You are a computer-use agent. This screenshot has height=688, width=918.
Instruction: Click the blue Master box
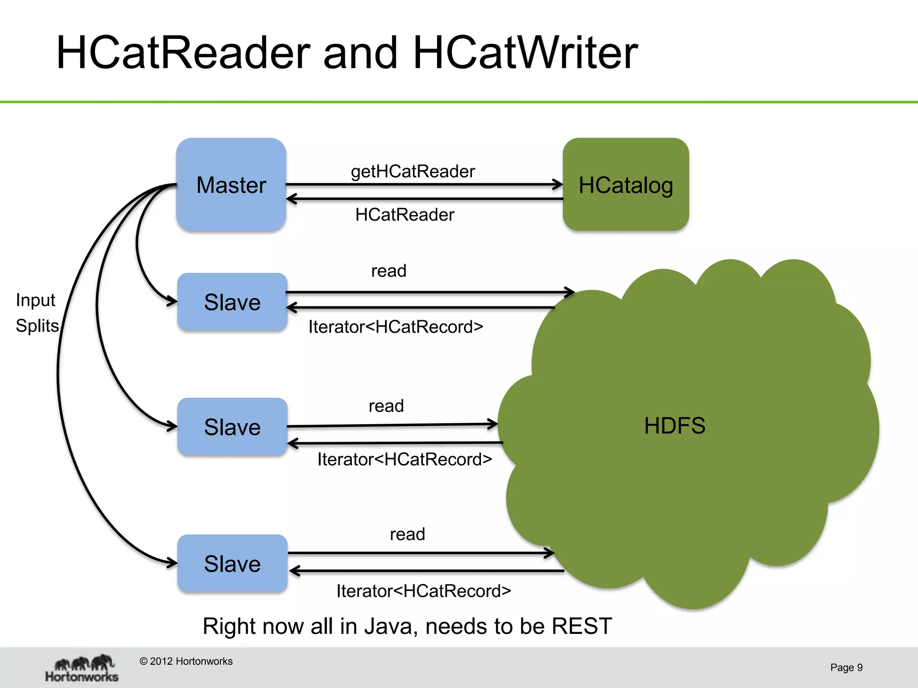[x=231, y=185]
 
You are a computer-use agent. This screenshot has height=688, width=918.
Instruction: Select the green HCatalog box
[x=626, y=185]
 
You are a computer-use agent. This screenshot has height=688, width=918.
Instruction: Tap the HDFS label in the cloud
[x=675, y=426]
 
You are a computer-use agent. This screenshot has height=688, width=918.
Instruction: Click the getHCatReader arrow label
[x=413, y=171]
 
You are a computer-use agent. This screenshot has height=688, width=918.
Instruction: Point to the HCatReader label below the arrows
[x=404, y=215]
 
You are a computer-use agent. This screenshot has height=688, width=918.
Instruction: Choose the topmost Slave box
[x=232, y=302]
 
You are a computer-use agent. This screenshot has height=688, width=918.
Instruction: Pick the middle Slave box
[x=232, y=427]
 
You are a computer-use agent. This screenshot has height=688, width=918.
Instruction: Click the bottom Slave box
[x=232, y=563]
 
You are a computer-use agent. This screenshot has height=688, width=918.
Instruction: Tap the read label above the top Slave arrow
[x=389, y=271]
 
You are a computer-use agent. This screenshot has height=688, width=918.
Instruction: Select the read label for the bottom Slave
[x=407, y=534]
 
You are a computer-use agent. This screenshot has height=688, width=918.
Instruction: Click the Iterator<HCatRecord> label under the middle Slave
[x=404, y=459]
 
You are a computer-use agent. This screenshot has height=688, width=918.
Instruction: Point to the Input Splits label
[x=37, y=313]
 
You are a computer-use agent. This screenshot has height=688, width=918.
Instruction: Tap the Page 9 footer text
[x=846, y=667]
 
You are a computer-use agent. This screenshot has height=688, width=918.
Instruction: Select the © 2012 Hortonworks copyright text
[x=186, y=661]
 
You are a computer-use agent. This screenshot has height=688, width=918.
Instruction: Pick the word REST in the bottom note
[x=581, y=626]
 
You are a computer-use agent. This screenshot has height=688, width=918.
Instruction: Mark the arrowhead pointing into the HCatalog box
[x=559, y=184]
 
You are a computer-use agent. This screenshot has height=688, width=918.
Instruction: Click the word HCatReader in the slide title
[x=183, y=53]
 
